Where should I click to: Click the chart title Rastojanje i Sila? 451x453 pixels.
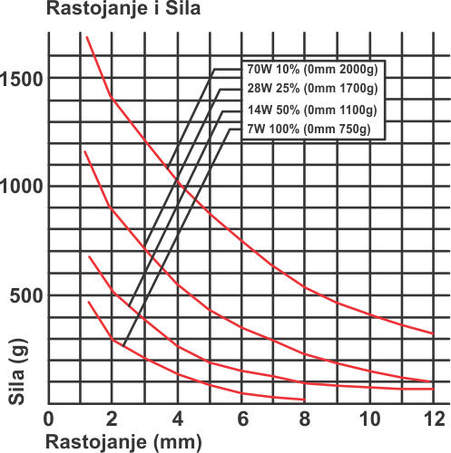[x=123, y=8]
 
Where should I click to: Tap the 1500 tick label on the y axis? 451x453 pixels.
[x=21, y=79]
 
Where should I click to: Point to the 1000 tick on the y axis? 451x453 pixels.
[x=21, y=186]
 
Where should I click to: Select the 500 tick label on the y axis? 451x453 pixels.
[x=26, y=295]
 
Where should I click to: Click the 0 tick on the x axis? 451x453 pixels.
[x=49, y=419]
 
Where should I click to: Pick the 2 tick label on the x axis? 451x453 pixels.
[x=112, y=419]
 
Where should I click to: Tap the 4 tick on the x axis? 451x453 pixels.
[x=178, y=419]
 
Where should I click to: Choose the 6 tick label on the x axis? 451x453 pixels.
[x=243, y=419]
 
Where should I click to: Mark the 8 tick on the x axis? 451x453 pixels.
[x=305, y=419]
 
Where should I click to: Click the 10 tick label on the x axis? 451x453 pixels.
[x=369, y=419]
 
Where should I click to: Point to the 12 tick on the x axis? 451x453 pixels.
[x=435, y=419]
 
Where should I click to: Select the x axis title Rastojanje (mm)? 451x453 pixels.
[x=123, y=442]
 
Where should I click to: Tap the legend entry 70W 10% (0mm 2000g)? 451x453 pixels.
[x=313, y=69]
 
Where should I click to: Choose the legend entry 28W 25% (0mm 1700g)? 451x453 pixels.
[x=313, y=88]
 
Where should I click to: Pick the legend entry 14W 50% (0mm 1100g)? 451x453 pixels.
[x=312, y=110]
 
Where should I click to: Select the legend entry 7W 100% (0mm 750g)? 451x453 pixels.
[x=309, y=129]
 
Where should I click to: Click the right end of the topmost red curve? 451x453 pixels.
[x=434, y=333]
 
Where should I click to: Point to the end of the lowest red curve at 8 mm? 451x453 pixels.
[x=305, y=400]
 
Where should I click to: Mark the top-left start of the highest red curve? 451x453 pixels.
[x=87, y=37]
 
